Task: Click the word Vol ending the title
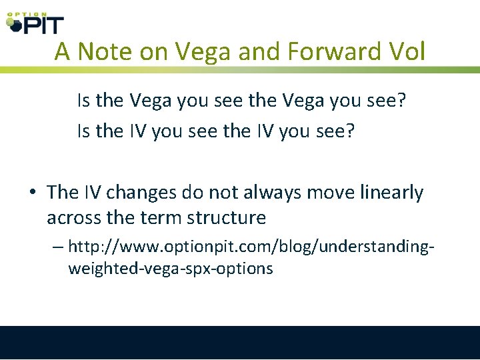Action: [406, 51]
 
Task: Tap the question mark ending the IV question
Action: [349, 131]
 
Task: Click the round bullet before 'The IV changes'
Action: [32, 193]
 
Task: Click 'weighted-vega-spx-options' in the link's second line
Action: [170, 269]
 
